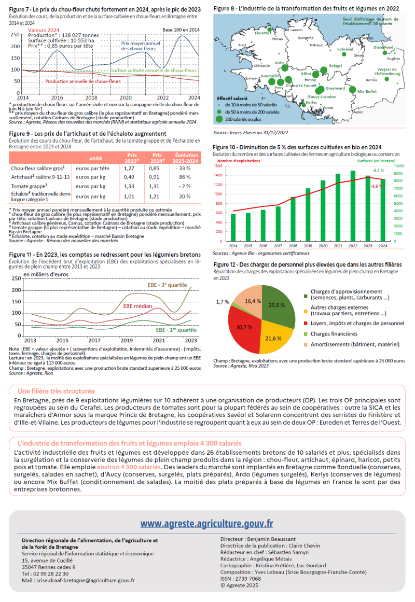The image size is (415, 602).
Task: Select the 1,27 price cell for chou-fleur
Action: tap(132, 168)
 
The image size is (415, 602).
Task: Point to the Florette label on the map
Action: tap(262, 33)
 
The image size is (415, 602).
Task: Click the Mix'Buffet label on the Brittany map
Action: tap(367, 91)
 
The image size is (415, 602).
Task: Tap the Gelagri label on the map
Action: tap(335, 66)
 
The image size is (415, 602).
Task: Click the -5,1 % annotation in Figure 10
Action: tap(378, 170)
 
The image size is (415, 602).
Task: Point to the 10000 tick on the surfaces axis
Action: tap(400, 166)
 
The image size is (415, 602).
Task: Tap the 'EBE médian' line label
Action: tap(137, 306)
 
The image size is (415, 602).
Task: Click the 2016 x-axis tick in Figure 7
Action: tap(57, 97)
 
